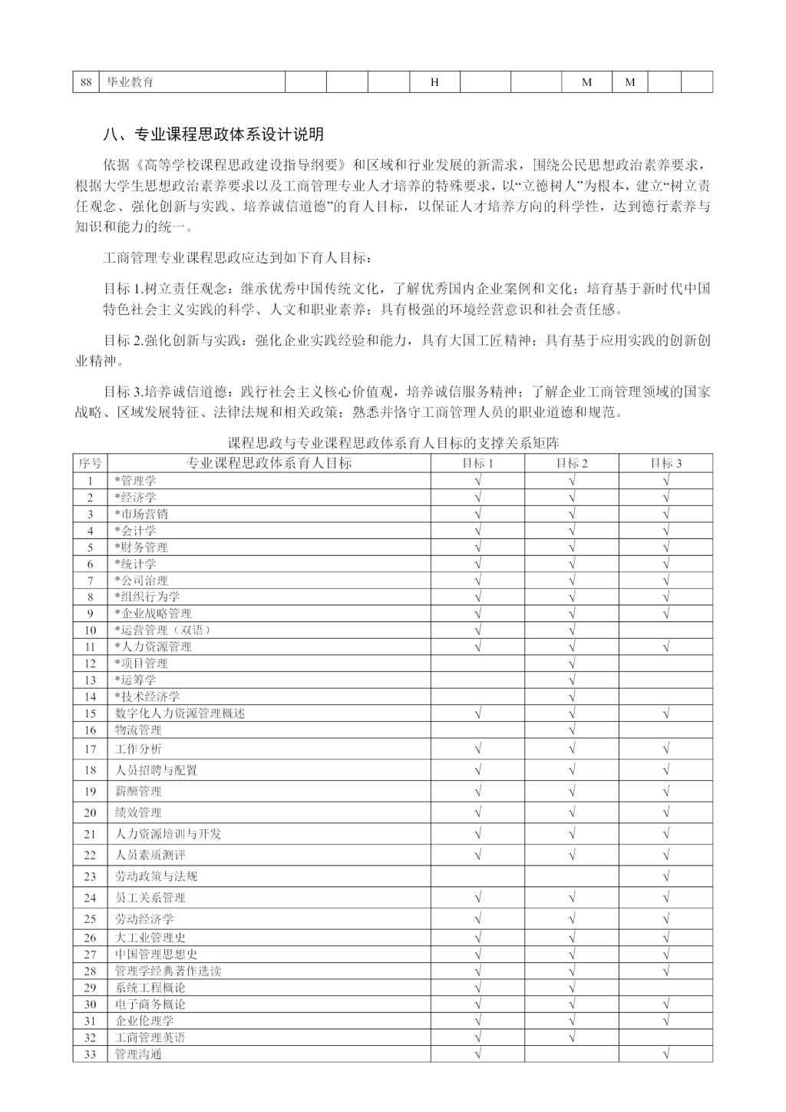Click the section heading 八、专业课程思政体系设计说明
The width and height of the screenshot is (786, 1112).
click(213, 135)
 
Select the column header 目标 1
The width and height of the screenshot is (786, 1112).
click(477, 463)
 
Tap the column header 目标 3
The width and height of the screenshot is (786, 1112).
click(665, 463)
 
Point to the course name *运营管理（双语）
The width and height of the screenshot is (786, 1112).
click(163, 630)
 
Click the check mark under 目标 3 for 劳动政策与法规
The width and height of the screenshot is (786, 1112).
click(665, 876)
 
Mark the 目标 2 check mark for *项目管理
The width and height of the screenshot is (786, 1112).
click(572, 664)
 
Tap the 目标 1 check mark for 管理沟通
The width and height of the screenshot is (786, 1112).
click(477, 1054)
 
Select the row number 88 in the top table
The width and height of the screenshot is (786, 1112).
click(86, 82)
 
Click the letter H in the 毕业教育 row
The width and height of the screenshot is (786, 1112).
click(434, 82)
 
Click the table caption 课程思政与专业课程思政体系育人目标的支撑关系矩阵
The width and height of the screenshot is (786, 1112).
click(394, 443)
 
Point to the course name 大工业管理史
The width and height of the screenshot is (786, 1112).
click(150, 938)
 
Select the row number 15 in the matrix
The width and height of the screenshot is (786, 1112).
click(91, 713)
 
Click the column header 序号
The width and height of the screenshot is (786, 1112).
click(91, 463)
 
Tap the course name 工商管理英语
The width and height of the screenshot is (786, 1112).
click(150, 1038)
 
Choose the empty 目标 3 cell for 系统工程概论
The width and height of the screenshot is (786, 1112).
click(665, 988)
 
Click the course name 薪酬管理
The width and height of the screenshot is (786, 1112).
click(138, 792)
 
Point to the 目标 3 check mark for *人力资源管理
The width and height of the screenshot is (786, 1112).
click(665, 647)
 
